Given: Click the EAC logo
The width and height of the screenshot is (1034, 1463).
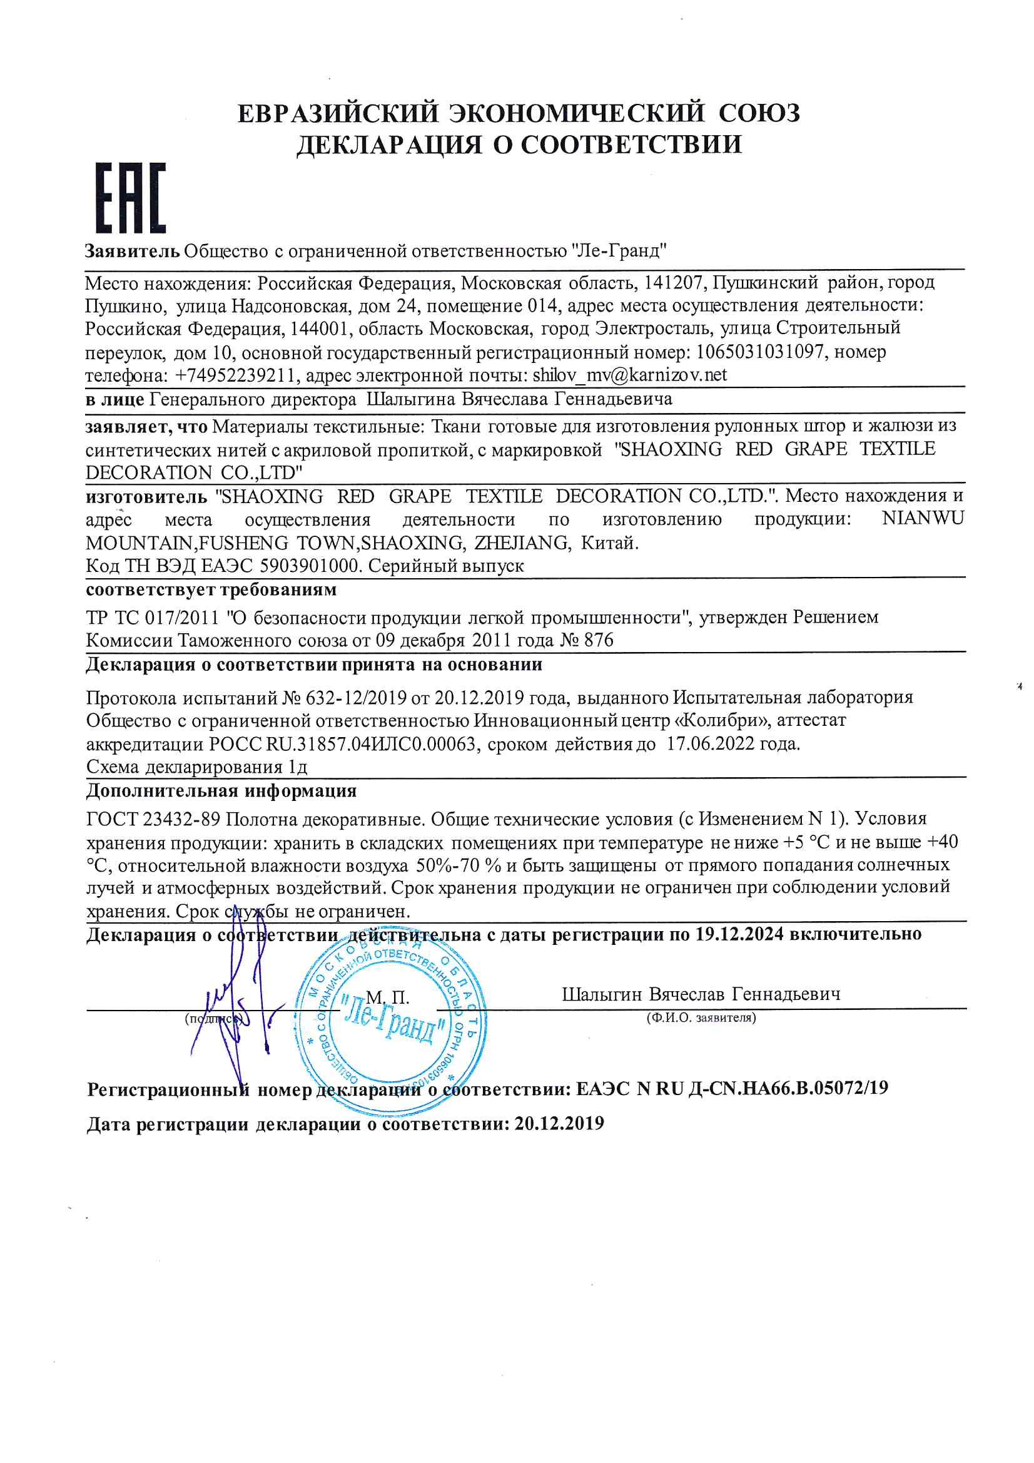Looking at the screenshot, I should (x=131, y=198).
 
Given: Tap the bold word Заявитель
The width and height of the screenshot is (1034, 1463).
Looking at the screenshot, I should (x=133, y=250).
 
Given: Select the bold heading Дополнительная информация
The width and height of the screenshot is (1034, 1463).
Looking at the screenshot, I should (x=221, y=792).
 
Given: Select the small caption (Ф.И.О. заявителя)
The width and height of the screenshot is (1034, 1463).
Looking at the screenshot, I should (x=701, y=1018).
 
